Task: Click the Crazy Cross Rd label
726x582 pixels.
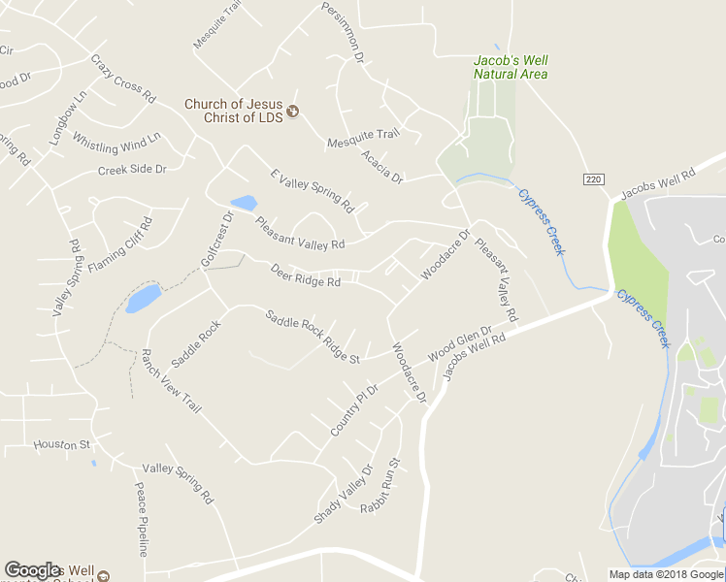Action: click(x=123, y=79)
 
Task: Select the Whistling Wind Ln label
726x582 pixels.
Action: click(x=116, y=145)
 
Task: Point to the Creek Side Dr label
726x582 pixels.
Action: click(x=132, y=170)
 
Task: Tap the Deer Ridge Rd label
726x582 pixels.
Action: click(x=306, y=275)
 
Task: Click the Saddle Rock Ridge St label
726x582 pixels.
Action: click(x=313, y=337)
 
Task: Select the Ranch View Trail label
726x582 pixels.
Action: click(x=171, y=381)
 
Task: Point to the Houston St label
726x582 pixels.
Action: click(x=61, y=445)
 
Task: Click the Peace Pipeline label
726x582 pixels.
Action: click(x=142, y=520)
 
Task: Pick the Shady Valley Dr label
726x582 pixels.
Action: click(x=343, y=495)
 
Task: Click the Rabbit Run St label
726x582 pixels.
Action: click(x=380, y=486)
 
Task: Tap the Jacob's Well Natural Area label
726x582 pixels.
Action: click(x=511, y=67)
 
